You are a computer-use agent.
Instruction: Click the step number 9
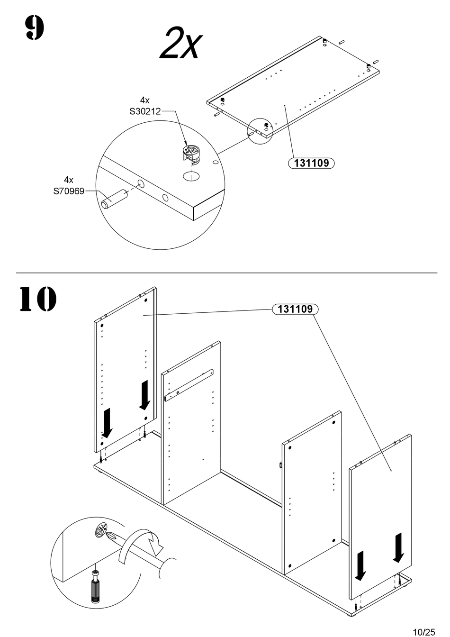coord(34,28)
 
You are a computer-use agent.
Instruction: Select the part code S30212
coord(145,111)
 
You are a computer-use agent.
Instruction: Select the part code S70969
coord(69,191)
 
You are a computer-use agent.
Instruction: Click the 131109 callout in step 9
coord(311,163)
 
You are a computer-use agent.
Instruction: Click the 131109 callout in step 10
coord(295,309)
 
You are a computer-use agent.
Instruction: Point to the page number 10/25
coord(423,631)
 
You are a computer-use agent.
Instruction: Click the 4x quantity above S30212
coord(145,100)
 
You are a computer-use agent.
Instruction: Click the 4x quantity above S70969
coord(69,180)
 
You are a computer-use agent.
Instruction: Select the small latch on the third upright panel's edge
coord(281,466)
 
